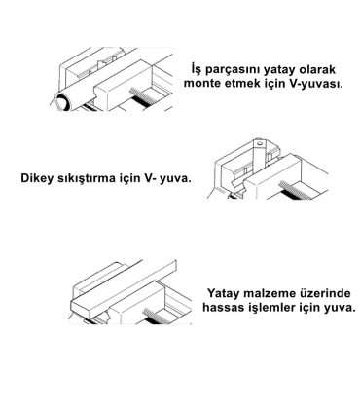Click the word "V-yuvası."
coord(315,84)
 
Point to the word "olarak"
coord(317,70)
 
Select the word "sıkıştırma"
coord(87,178)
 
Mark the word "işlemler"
coord(271,308)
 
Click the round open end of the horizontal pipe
coord(62,101)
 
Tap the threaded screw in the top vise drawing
coord(144,97)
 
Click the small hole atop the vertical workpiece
coord(259,143)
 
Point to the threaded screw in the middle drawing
coord(297,190)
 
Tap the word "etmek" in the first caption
coord(241,84)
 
